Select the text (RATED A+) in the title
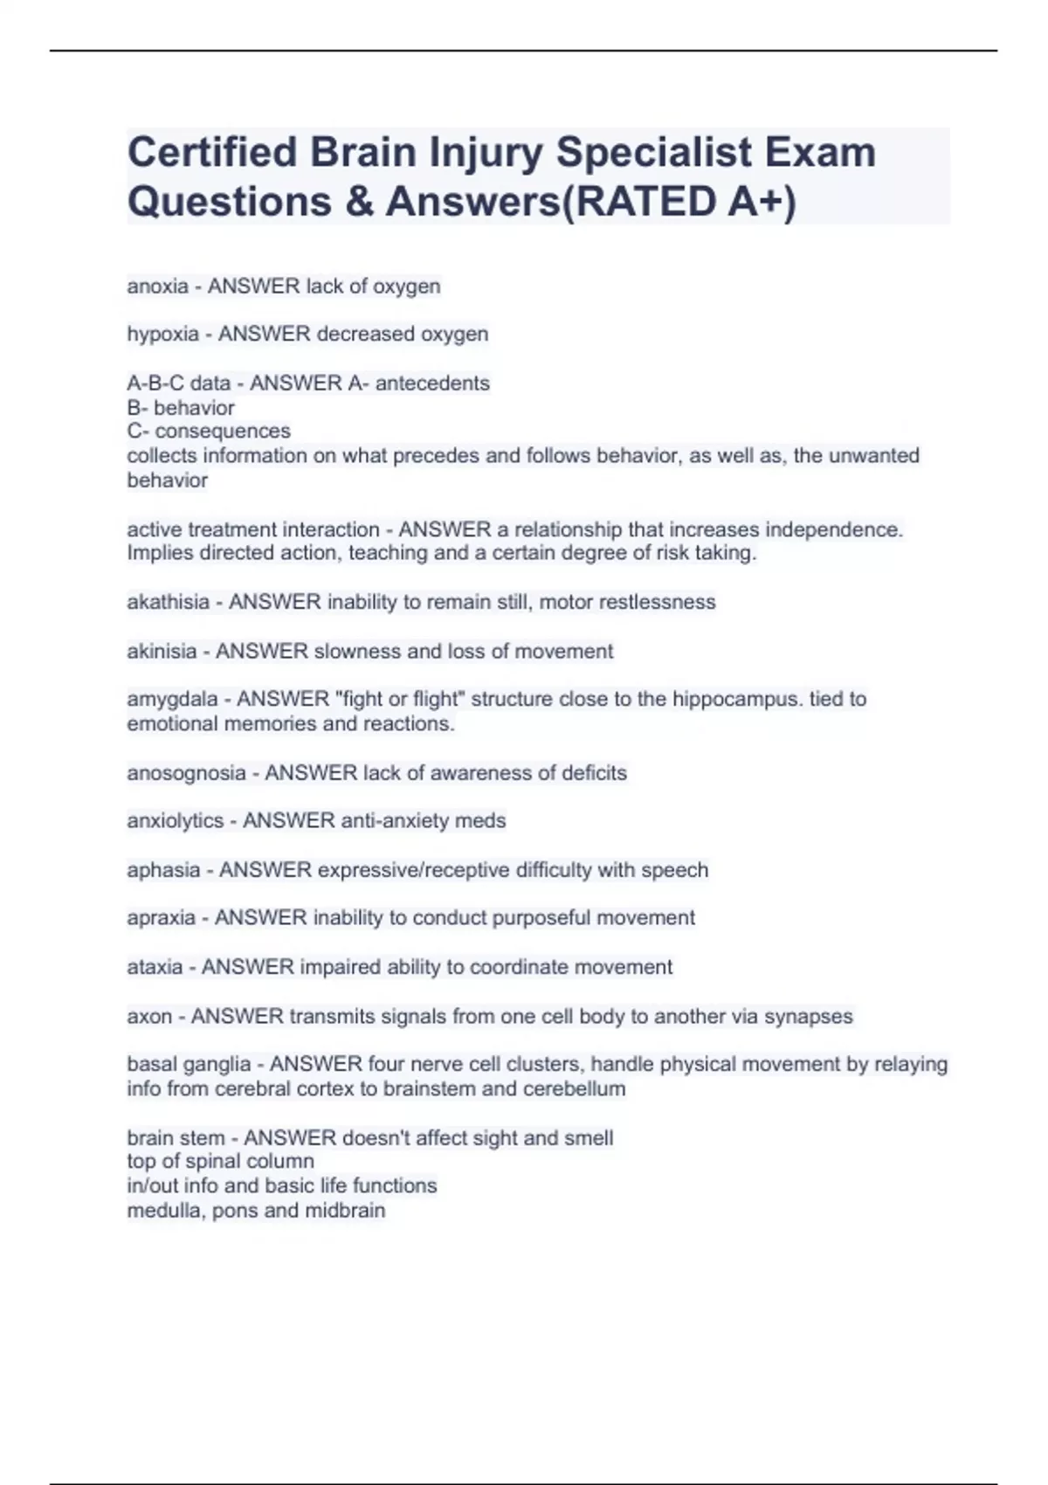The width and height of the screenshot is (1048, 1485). (680, 202)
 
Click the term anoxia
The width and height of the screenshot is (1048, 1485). (158, 287)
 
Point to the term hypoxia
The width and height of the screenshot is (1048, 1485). (163, 335)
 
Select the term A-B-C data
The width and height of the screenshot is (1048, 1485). (179, 383)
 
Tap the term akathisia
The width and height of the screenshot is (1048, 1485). (169, 603)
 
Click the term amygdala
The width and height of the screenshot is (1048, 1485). (172, 700)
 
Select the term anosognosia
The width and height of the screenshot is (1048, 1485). (187, 773)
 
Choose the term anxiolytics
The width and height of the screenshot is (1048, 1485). (176, 821)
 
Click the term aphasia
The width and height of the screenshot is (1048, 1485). (163, 870)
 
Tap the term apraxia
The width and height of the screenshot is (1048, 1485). (162, 918)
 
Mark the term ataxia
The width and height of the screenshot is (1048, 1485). (155, 968)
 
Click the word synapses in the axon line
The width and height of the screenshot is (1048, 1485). (808, 1017)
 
